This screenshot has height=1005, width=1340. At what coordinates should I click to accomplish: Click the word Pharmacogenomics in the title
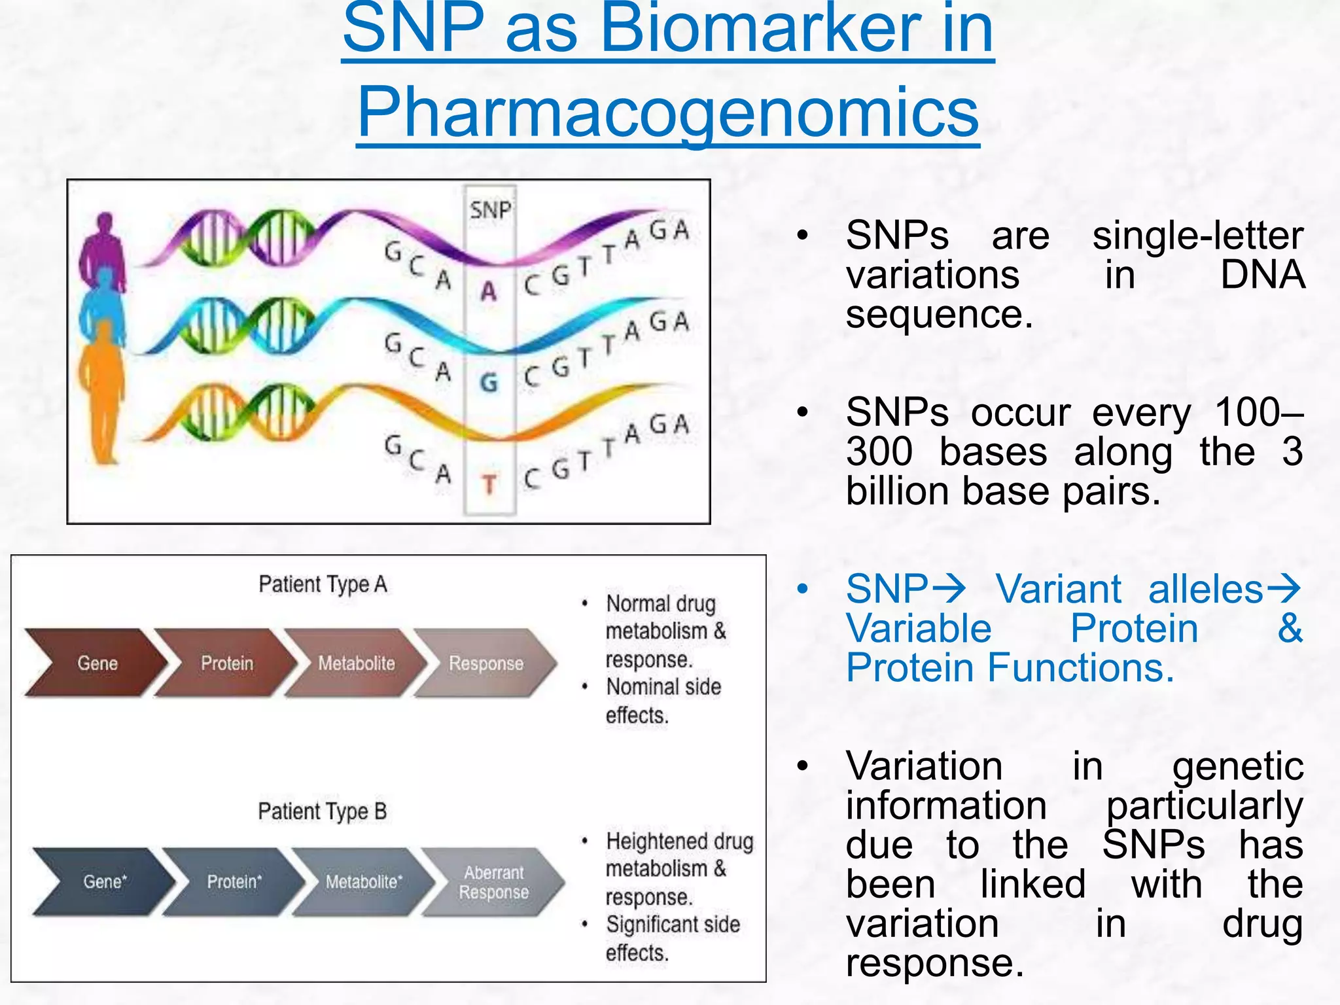[x=667, y=113]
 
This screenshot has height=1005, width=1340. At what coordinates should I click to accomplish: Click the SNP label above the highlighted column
[x=490, y=211]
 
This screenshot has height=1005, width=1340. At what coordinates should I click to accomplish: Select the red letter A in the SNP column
[x=489, y=291]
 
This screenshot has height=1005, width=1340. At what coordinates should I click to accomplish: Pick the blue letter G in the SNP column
[x=489, y=383]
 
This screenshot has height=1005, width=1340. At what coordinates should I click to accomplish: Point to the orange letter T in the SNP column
[x=489, y=485]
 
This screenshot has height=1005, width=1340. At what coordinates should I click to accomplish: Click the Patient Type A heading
[x=323, y=584]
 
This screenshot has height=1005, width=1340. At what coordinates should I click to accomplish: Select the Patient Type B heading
[x=323, y=811]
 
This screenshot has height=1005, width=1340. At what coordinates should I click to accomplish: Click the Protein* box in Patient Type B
[x=234, y=882]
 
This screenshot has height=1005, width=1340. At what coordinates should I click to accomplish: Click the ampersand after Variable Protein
[x=1290, y=628]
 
